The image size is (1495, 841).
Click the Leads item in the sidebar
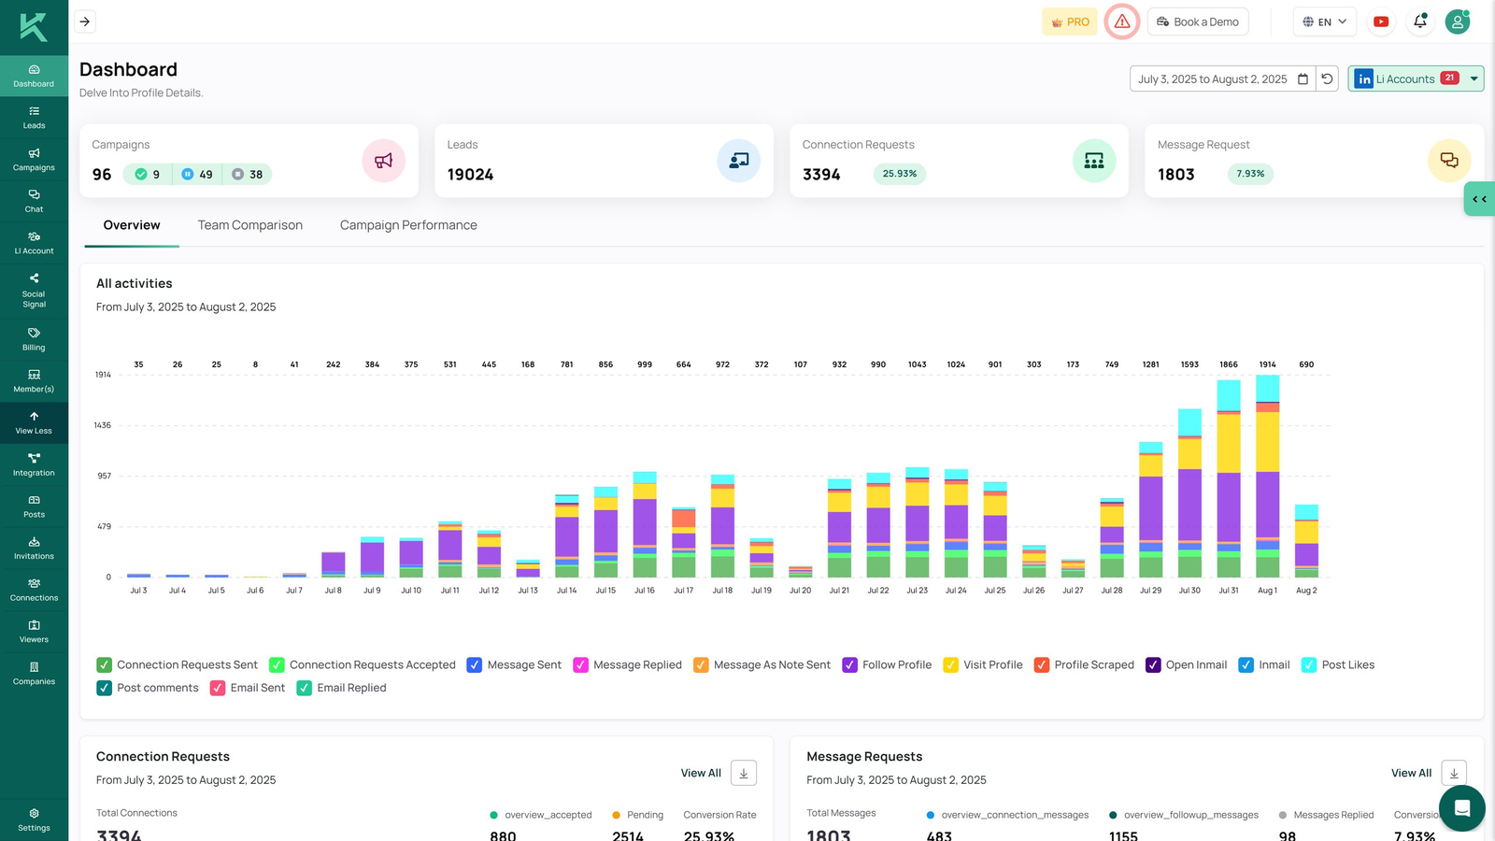point(34,117)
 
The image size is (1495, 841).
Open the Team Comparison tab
point(249,225)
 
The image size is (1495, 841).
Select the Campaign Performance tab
point(408,225)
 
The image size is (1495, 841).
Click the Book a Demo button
point(1197,21)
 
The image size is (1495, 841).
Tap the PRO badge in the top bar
point(1069,21)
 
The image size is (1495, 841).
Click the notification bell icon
point(1419,21)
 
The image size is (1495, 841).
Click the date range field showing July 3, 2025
point(1212,78)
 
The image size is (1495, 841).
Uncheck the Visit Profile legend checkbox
point(950,664)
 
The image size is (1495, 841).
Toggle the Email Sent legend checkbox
point(218,688)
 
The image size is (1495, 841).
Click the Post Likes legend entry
point(1346,664)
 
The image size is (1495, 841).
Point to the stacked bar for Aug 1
point(1267,477)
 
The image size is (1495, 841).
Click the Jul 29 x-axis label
point(1150,591)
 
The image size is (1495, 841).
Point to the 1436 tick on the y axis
point(102,425)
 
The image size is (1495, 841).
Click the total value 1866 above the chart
point(1228,364)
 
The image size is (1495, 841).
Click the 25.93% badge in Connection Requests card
point(899,174)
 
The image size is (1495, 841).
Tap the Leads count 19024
point(470,175)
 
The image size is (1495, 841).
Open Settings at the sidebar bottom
point(34,819)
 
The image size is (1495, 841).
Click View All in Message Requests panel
point(1410,773)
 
